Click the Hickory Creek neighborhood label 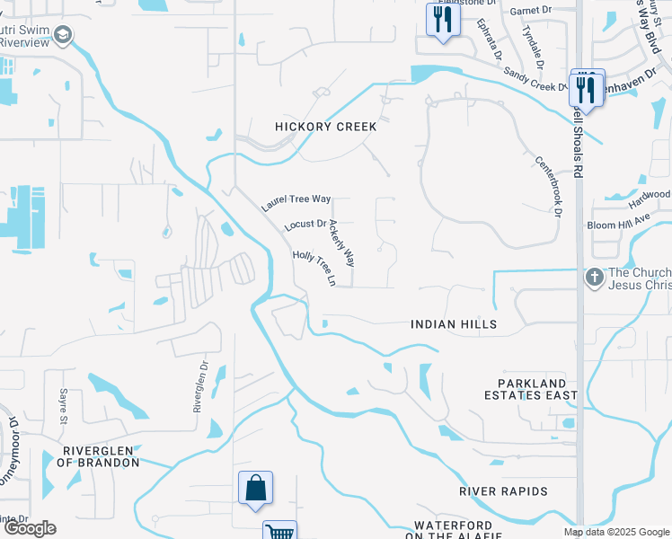325,127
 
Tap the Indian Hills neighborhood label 454,323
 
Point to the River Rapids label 503,491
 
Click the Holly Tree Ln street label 314,268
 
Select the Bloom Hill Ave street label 617,223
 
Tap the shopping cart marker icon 280,531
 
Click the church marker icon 594,278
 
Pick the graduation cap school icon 63,36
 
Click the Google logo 29,529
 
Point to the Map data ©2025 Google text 615,532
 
